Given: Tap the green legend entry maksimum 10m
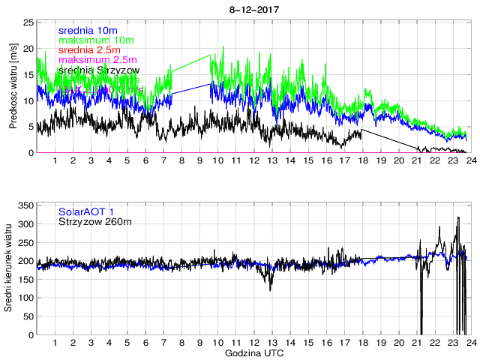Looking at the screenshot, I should (95, 40).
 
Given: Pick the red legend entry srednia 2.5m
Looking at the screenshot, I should (89, 49).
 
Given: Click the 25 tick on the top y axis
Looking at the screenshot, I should (28, 22).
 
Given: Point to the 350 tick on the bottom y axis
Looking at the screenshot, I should (25, 205).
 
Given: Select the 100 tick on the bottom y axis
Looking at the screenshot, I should (25, 298).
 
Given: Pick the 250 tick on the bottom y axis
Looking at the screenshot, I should (25, 242).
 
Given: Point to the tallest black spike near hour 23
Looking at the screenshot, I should (458, 218).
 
